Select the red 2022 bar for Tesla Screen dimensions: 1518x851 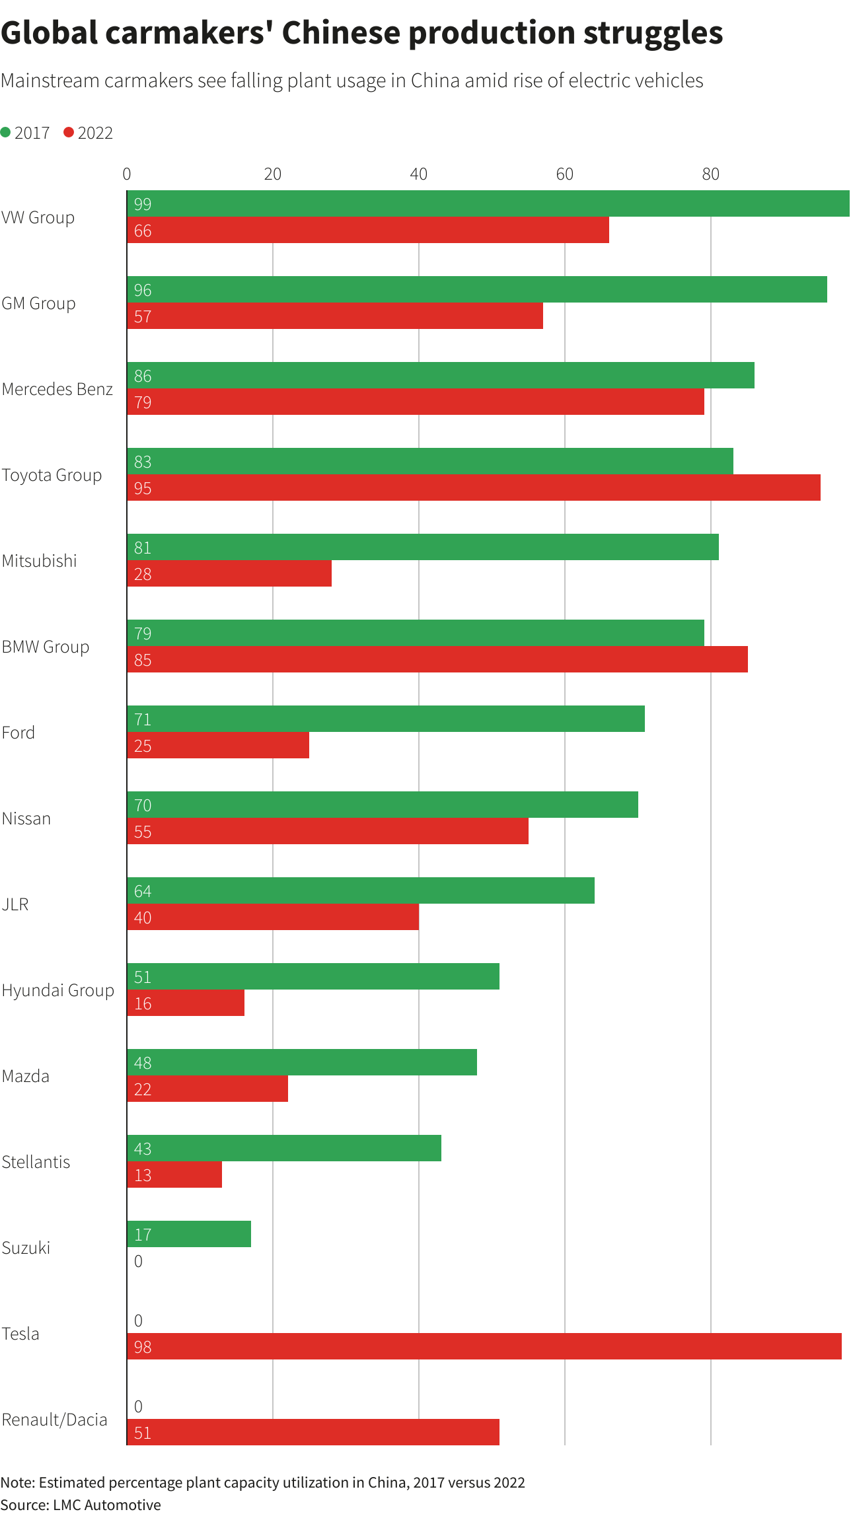coord(484,1346)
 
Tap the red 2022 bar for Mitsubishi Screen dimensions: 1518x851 coord(229,573)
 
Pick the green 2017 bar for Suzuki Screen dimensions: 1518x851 coord(189,1234)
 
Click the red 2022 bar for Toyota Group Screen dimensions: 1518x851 coord(473,488)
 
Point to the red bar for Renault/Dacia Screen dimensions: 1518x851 coord(313,1432)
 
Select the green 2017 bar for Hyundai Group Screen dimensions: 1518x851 coord(313,976)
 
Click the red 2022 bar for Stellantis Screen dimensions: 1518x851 coord(174,1175)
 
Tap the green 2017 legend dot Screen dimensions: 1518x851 coord(6,133)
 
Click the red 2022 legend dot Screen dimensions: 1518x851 coord(69,133)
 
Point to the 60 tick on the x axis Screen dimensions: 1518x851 coord(564,174)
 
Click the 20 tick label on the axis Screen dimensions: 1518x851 coord(272,174)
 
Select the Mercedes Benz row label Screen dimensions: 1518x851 coord(57,389)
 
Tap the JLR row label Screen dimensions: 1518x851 coord(15,904)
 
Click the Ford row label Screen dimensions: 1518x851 coord(18,733)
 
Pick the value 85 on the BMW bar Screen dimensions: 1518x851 coord(143,660)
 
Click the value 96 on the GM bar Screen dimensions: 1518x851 coord(143,290)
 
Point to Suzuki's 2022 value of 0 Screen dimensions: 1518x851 coord(138,1261)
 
